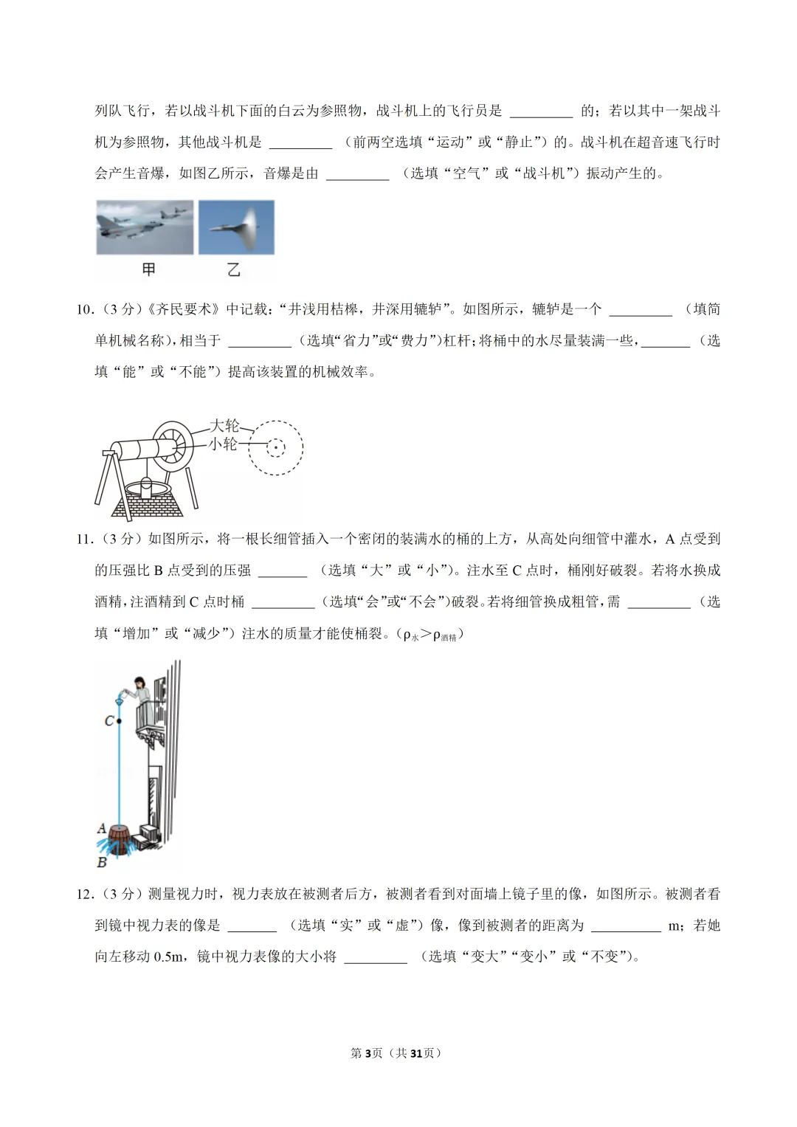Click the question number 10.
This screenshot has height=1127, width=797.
(85, 310)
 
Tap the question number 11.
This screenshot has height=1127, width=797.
(85, 540)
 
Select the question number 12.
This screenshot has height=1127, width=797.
(85, 895)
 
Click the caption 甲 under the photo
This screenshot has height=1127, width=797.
(148, 270)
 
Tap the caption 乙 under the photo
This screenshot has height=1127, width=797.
(234, 270)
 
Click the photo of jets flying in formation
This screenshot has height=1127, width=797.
(145, 227)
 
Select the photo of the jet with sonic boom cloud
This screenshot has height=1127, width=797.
(236, 227)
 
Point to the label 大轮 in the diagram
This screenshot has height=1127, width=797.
(224, 426)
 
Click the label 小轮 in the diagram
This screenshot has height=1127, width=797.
(223, 444)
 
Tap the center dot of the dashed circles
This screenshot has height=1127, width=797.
(275, 447)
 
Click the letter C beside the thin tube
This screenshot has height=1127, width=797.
(109, 720)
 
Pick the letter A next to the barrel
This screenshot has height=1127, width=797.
(102, 828)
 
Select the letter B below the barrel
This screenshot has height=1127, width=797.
(102, 861)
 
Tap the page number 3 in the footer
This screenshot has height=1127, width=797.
(368, 1053)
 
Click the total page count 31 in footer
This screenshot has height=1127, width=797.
(416, 1053)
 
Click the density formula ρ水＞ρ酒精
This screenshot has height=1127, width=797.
(430, 634)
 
